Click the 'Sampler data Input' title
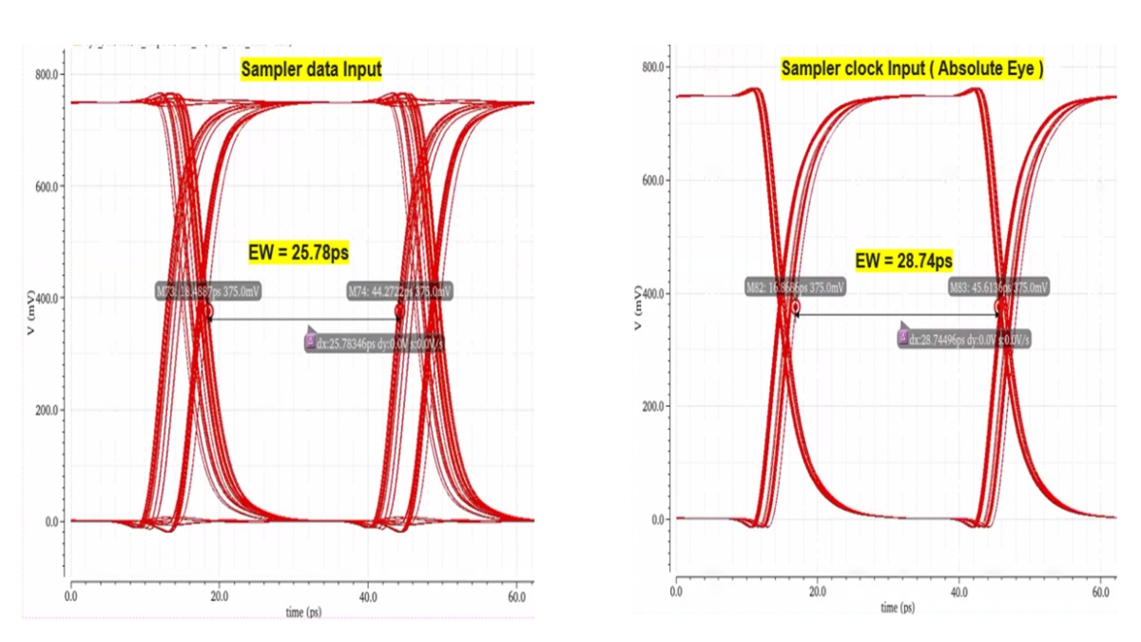311,68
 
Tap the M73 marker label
207,291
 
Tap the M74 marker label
398,291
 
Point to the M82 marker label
796,287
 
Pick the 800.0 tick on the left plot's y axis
49,74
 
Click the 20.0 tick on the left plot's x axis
219,595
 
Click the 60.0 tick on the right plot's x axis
1101,592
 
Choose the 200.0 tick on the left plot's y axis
49,410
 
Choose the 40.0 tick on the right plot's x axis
958,592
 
